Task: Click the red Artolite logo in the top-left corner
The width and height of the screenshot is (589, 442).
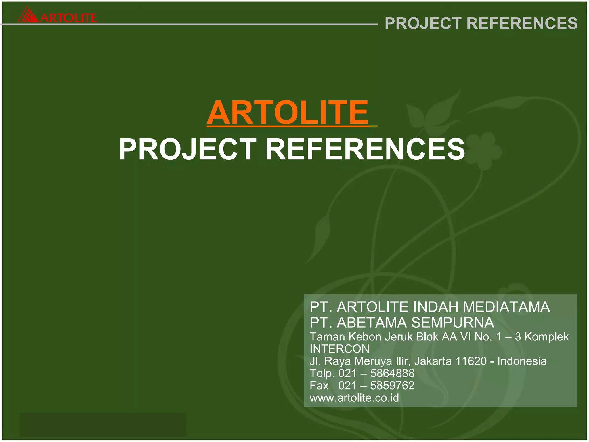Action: click(x=57, y=16)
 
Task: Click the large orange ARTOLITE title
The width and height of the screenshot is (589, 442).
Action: click(x=288, y=113)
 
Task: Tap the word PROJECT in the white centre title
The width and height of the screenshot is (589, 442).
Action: click(x=187, y=149)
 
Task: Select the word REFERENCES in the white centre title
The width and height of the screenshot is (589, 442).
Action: click(x=365, y=149)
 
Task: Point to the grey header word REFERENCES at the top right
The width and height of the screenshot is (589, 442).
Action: click(x=522, y=23)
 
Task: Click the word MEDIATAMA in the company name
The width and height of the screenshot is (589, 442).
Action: click(x=506, y=307)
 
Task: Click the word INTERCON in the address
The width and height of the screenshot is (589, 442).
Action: click(x=339, y=349)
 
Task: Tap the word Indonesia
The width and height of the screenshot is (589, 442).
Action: click(x=522, y=361)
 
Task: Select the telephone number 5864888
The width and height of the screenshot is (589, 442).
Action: click(x=392, y=374)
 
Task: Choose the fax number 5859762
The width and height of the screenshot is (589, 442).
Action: click(x=392, y=386)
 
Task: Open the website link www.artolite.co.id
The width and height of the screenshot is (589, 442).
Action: click(x=354, y=398)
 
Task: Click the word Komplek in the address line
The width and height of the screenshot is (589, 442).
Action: click(x=546, y=337)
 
